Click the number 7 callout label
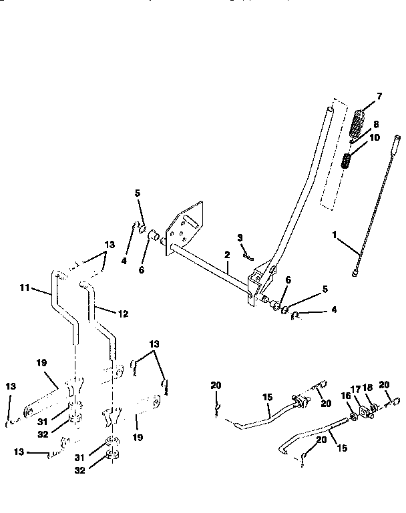(x=379, y=97)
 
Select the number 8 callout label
(x=375, y=124)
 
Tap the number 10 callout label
(x=374, y=137)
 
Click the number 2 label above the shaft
(x=226, y=255)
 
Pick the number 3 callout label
(x=240, y=237)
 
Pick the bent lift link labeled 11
(x=63, y=307)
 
